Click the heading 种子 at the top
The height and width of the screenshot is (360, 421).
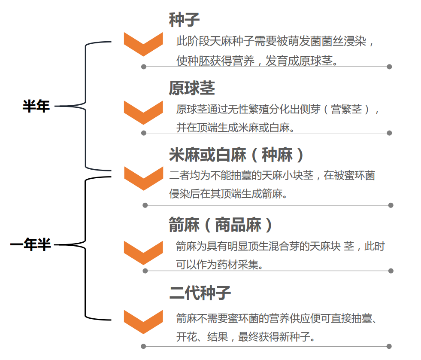184,20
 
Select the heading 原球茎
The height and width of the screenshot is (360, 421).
191,88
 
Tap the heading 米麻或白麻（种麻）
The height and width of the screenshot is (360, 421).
237,155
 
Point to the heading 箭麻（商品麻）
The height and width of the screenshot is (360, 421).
221,225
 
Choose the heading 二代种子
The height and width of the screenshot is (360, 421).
200,293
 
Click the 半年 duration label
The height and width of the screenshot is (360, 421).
36,106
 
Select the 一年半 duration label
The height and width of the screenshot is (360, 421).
30,245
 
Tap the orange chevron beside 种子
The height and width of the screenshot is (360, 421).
143,43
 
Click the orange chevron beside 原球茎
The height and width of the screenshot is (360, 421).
143,112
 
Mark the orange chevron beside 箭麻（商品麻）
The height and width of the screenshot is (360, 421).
143,252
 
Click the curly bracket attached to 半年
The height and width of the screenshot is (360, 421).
86,105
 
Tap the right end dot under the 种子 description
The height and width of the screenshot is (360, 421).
389,67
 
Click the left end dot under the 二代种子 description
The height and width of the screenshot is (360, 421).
143,346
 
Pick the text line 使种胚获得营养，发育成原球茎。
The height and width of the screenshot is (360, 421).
257,61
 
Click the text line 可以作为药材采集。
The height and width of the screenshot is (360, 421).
219,265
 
